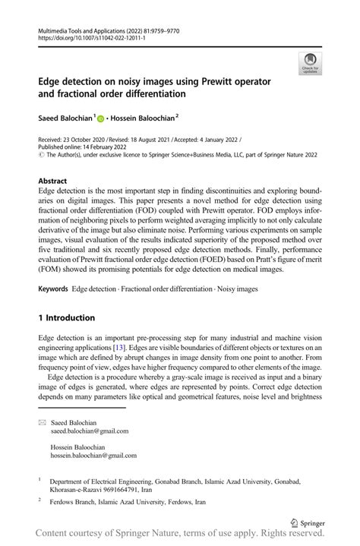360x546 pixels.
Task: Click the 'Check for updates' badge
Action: pyautogui.click(x=309, y=63)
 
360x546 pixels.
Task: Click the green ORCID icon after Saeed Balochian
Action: pyautogui.click(x=100, y=118)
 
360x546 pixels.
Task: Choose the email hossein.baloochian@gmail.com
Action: pyautogui.click(x=93, y=456)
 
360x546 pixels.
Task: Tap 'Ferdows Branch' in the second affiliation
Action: pyautogui.click(x=74, y=502)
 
